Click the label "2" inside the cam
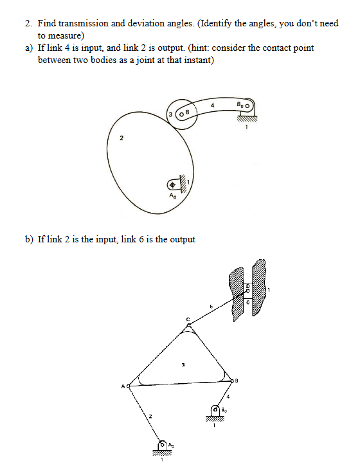point(120,138)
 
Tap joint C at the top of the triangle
point(188,327)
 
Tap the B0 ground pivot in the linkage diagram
point(215,409)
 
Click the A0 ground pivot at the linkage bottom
point(162,444)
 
